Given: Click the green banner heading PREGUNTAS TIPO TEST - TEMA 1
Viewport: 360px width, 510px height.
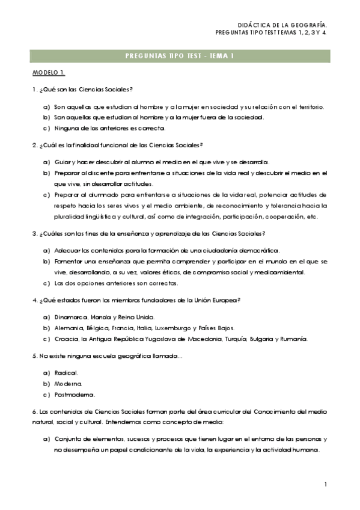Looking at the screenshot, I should coord(180,56).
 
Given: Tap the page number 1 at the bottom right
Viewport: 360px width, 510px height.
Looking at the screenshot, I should coord(325,484).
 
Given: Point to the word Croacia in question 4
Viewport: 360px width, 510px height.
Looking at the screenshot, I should coord(67,339).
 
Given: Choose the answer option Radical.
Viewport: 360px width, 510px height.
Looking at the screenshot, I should coord(66,373).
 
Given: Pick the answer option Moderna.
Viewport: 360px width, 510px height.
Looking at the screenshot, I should coord(68,384).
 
